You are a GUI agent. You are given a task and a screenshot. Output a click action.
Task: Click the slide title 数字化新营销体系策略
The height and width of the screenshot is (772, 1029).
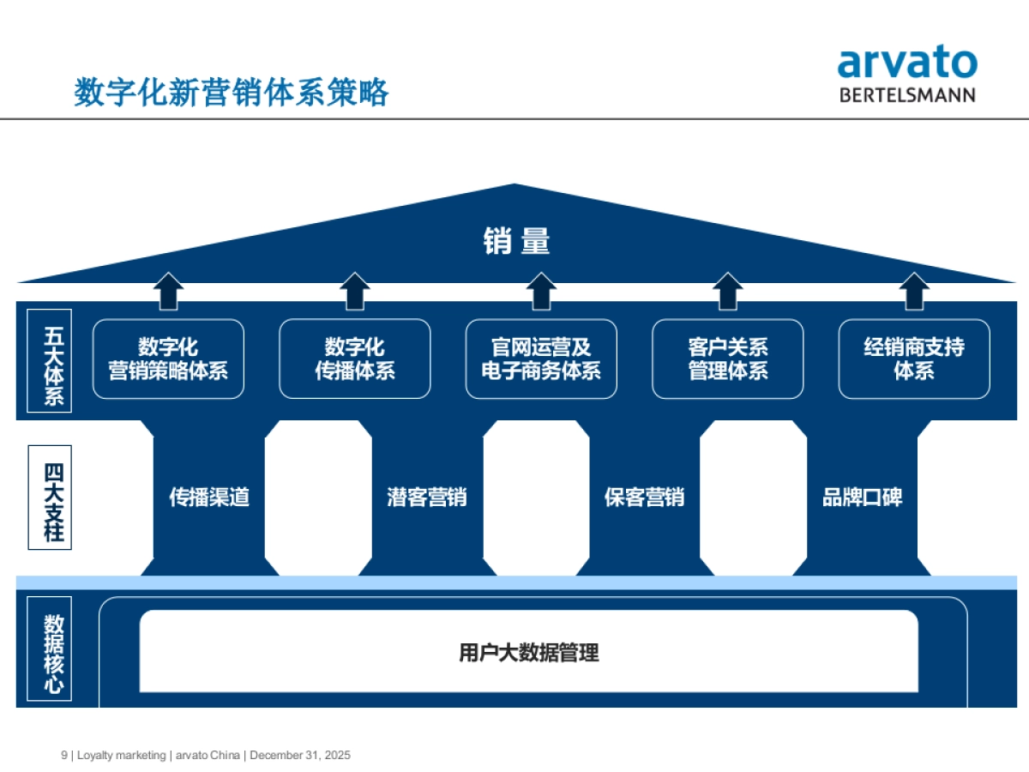click(x=232, y=92)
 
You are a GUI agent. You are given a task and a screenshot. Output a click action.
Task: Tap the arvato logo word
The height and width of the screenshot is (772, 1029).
click(x=906, y=63)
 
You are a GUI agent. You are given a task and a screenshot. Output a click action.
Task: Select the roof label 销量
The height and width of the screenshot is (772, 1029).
click(x=515, y=242)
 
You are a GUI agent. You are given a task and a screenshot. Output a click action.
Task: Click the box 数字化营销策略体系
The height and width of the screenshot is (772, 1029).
click(x=168, y=359)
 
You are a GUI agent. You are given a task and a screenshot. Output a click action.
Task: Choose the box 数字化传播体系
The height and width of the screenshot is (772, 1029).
click(x=355, y=359)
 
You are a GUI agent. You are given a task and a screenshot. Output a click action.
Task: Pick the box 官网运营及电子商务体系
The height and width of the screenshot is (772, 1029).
click(x=541, y=359)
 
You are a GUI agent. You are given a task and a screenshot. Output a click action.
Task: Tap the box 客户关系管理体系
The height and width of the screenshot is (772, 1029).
click(x=728, y=359)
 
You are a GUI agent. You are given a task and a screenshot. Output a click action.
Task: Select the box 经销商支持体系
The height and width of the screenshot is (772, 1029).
click(x=914, y=359)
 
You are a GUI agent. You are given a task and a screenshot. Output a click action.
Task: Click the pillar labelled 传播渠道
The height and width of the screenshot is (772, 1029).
click(x=209, y=498)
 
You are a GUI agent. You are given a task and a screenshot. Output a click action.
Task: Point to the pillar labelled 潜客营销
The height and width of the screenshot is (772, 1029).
click(x=427, y=498)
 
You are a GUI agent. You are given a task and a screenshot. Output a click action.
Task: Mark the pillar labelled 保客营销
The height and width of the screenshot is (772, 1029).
click(x=644, y=498)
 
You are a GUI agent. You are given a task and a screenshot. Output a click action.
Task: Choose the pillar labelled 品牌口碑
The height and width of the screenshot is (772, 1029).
click(x=862, y=498)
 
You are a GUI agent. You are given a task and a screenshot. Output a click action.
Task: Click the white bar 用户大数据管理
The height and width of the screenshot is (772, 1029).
click(x=528, y=653)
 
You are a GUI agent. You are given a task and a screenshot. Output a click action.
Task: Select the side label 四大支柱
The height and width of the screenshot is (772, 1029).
click(x=53, y=498)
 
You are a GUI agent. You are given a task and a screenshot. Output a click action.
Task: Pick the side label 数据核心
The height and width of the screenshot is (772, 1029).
click(x=53, y=652)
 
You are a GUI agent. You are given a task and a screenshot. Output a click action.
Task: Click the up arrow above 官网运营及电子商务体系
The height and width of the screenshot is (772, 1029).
click(x=541, y=291)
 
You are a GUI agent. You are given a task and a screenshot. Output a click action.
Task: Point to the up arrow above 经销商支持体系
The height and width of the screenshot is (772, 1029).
click(x=914, y=291)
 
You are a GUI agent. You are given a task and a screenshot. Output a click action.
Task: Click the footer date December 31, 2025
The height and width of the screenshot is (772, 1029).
click(x=300, y=756)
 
